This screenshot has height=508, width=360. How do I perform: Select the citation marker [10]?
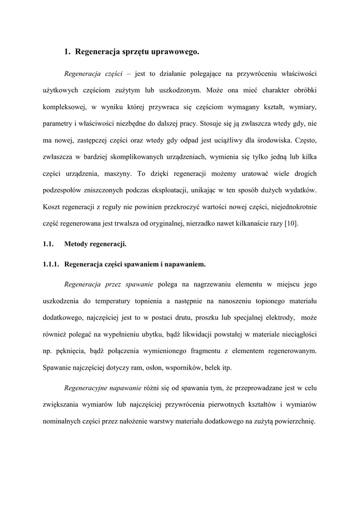point(291,223)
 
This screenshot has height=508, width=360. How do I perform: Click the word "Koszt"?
point(52,206)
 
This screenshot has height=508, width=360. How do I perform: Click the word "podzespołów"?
point(64,190)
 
